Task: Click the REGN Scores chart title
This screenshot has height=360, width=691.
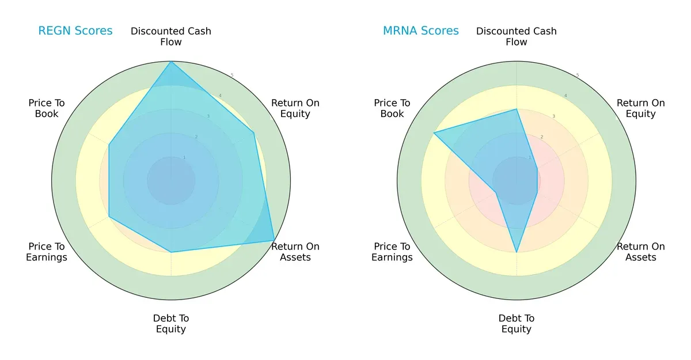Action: tap(75, 31)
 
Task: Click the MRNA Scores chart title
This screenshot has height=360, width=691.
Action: tap(420, 31)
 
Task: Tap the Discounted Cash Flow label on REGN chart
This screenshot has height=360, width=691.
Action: tap(171, 36)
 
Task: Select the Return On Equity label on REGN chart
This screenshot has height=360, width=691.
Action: tap(295, 108)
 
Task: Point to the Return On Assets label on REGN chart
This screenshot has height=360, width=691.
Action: tap(295, 252)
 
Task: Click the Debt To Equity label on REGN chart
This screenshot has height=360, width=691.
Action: tap(171, 324)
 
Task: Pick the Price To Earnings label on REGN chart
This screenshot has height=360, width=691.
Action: tap(47, 252)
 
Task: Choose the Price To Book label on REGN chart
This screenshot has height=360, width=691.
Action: tap(47, 108)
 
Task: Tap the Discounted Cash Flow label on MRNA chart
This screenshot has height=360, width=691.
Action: tap(517, 36)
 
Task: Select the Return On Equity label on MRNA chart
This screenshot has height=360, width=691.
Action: tap(640, 108)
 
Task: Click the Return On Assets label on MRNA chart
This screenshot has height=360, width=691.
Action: tap(640, 252)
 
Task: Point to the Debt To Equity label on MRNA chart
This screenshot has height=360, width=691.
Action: tap(517, 324)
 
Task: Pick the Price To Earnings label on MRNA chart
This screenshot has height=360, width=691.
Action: tap(392, 252)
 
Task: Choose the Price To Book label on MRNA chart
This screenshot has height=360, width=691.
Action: tap(392, 108)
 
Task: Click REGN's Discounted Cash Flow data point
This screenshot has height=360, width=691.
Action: tap(171, 62)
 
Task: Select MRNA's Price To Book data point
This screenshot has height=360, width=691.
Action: tap(434, 132)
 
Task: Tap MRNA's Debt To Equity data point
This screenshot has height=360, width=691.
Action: tap(517, 252)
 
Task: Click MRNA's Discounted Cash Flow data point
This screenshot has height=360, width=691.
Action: tap(517, 109)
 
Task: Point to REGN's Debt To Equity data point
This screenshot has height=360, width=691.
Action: tap(171, 252)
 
